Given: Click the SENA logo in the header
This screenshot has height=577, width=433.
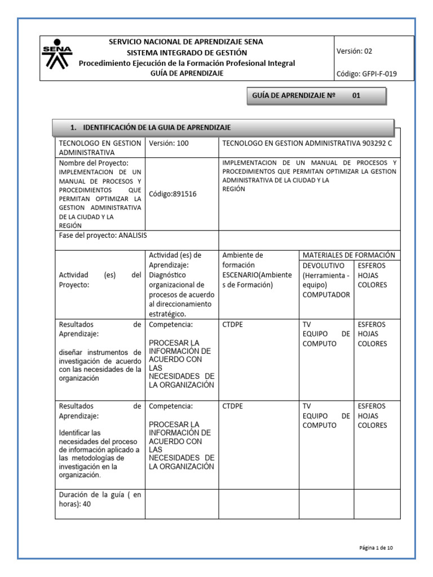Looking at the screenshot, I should click(x=58, y=59).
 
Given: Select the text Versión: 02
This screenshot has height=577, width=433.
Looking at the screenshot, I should click(x=354, y=51).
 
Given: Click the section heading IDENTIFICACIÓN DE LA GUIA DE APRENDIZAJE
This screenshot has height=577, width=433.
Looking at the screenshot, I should click(x=149, y=127).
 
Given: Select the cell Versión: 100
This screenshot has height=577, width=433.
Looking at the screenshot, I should click(x=169, y=143).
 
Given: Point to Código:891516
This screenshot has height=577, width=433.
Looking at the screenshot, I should click(x=173, y=194).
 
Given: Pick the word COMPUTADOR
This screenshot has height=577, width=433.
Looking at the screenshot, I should click(x=326, y=295).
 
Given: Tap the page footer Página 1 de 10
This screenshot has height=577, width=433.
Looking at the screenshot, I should click(x=379, y=547).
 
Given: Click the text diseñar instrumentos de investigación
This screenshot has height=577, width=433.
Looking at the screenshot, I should click(x=100, y=357).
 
